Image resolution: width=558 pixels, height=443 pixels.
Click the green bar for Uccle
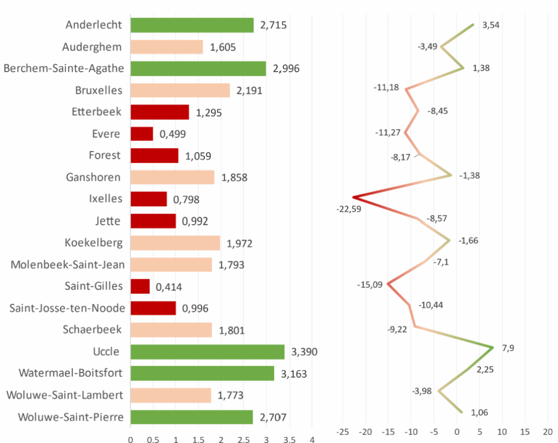tap(207, 352)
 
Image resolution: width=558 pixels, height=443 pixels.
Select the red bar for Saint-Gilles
tap(140, 286)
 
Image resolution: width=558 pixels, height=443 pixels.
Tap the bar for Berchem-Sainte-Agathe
tap(198, 68)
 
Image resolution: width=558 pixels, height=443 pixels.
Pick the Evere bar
tap(142, 134)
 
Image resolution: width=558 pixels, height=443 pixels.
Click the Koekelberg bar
tap(175, 243)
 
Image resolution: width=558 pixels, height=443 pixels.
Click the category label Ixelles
tap(105, 199)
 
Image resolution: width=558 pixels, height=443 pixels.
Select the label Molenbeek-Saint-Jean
tap(68, 265)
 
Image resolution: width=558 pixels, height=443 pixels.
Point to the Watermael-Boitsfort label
tap(70, 373)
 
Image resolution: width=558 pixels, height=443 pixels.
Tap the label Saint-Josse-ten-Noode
tap(67, 308)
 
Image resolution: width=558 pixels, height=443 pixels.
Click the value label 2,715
tap(274, 25)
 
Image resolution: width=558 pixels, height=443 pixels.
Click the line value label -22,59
tap(349, 208)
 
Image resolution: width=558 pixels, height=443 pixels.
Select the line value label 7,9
tap(507, 349)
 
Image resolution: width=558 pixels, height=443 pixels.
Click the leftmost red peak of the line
tap(353, 197)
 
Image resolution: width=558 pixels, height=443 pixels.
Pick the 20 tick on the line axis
tap(548, 431)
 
